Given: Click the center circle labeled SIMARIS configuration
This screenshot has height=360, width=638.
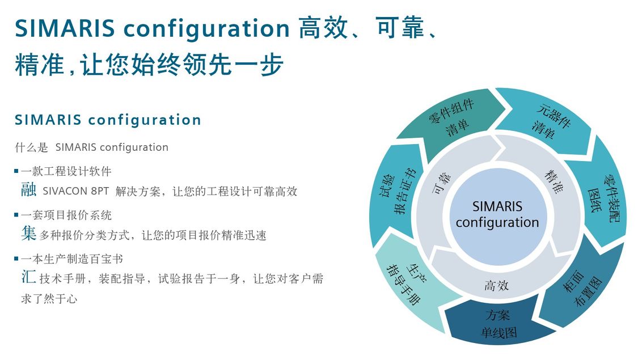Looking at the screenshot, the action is (x=497, y=215).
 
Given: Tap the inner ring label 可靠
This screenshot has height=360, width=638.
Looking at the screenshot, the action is (x=441, y=183).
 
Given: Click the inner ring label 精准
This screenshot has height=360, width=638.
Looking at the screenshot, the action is (x=554, y=181).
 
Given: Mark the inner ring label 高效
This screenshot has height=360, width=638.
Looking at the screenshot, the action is (x=496, y=286).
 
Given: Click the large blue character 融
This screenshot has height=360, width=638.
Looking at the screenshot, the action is (x=28, y=189).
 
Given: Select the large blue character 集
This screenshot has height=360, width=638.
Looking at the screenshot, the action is (x=28, y=234).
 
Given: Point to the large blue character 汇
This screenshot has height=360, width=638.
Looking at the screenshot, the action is (x=28, y=277).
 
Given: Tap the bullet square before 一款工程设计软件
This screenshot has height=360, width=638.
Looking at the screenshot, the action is (x=16, y=171).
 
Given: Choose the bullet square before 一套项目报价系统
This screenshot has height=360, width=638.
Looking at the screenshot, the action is (x=16, y=215).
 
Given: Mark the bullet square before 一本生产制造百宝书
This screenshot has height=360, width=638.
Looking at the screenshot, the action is (x=16, y=259).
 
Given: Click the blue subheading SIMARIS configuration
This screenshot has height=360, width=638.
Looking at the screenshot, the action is (x=108, y=120).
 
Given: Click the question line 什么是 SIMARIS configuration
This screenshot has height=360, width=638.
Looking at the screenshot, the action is (x=91, y=147).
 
